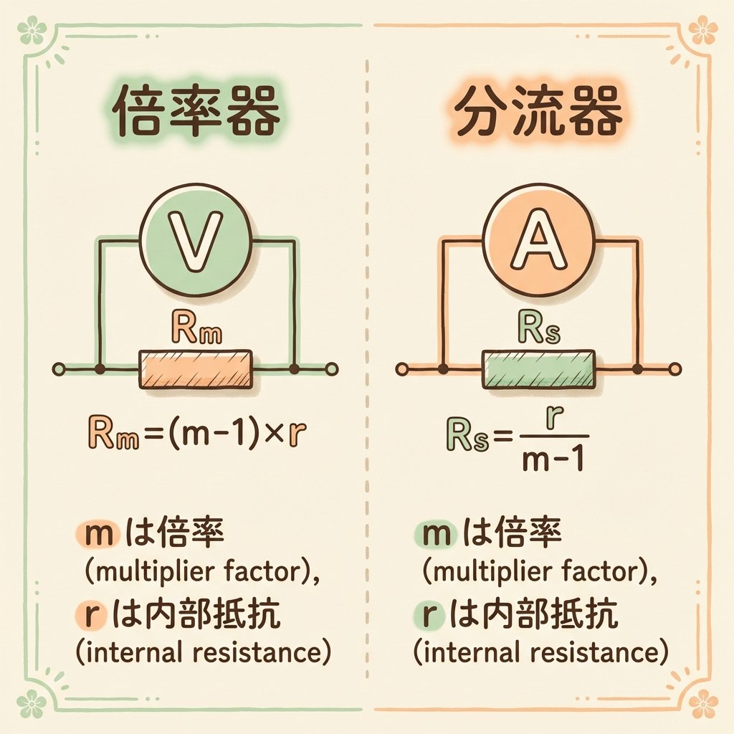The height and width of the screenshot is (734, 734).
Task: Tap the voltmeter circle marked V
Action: pos(195,247)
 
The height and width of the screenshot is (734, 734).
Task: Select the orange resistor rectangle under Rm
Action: pos(195,370)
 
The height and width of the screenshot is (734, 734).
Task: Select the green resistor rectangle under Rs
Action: pos(539,369)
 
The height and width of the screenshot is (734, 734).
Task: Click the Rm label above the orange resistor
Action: pos(194,331)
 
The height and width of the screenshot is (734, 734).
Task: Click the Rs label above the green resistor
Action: pos(538,331)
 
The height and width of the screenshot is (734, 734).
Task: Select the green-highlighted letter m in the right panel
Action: pos(434,534)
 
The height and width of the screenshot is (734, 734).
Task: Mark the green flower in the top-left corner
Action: pos(32,30)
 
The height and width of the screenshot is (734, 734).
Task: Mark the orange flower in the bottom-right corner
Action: pos(703,703)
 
